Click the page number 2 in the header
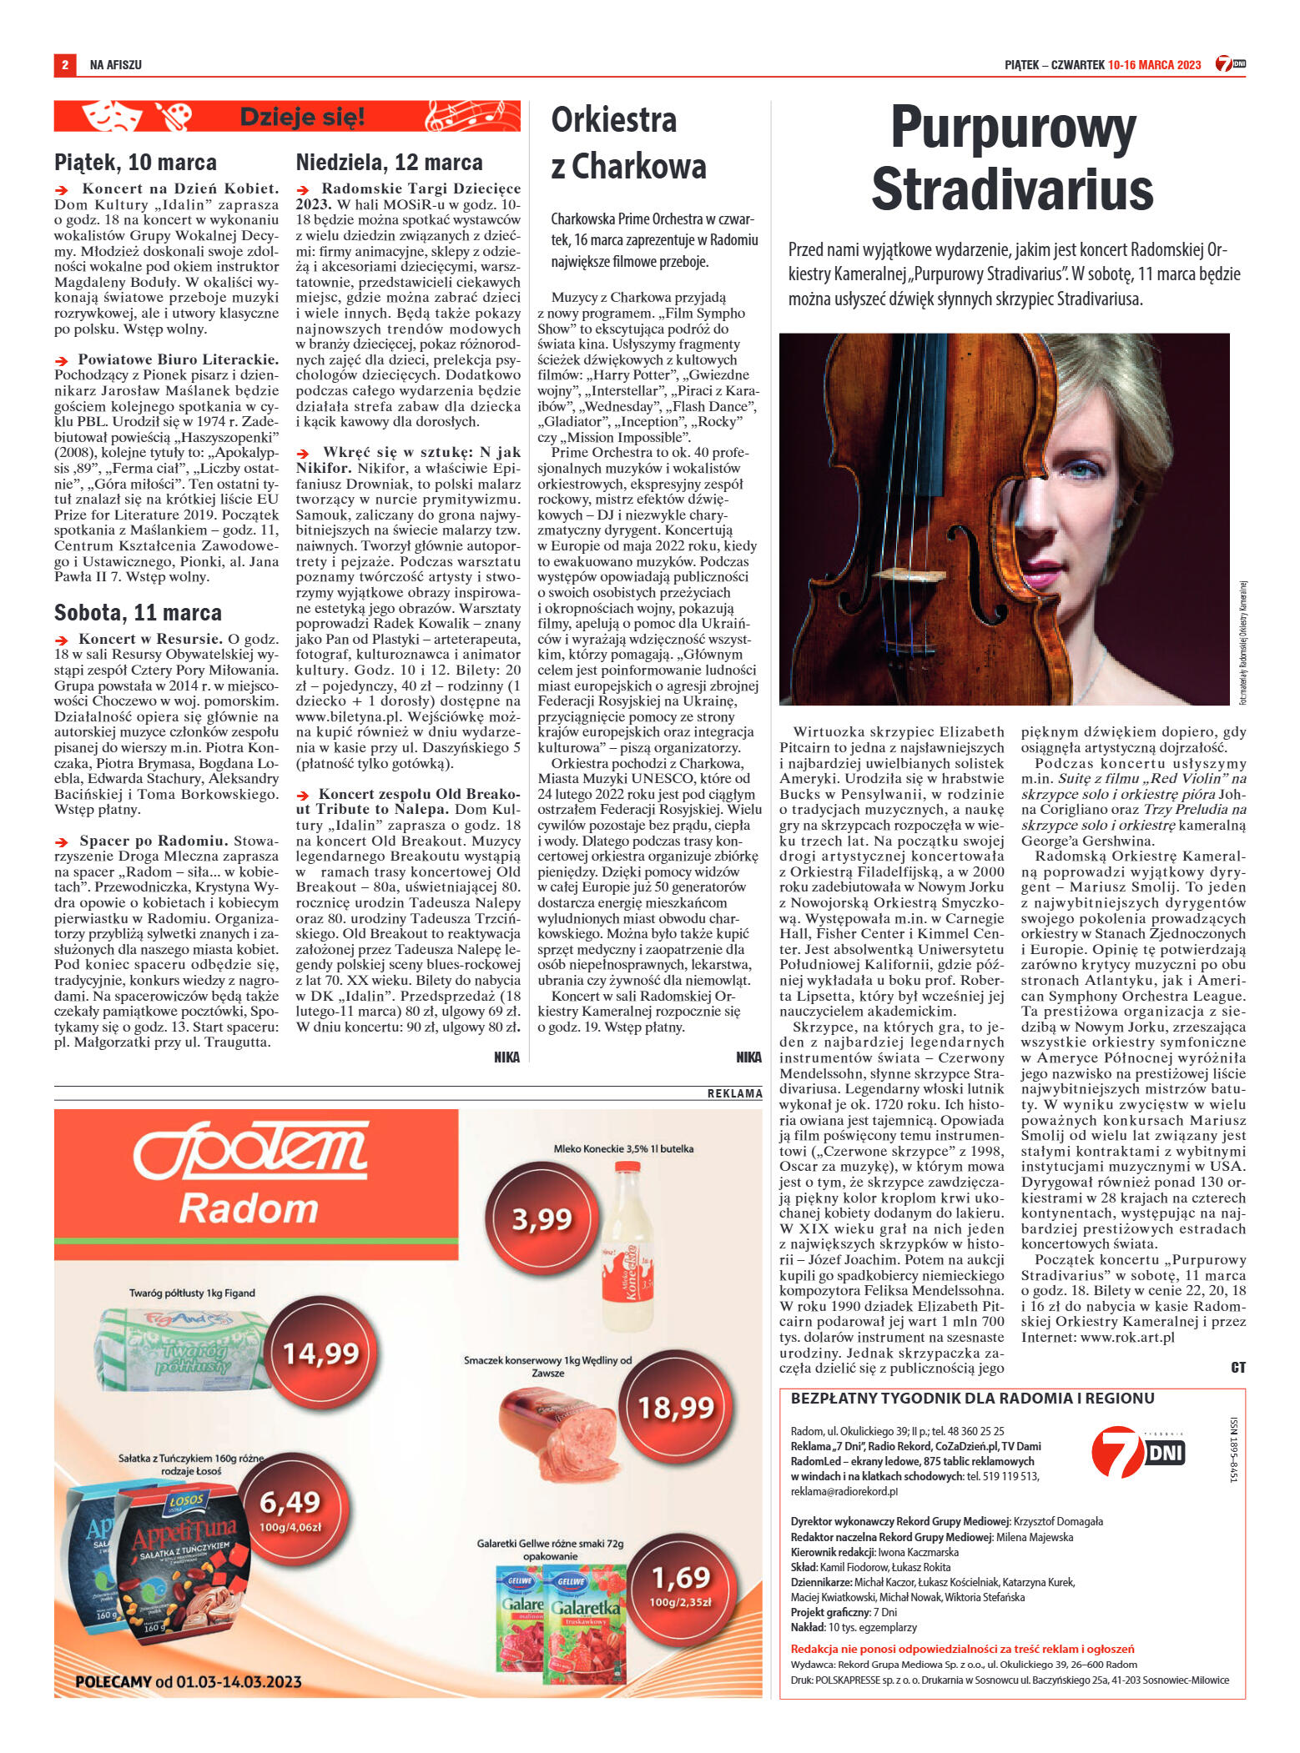(x=64, y=64)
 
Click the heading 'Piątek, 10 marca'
(x=135, y=162)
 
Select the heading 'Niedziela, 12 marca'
(x=389, y=162)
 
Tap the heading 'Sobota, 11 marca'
(x=138, y=613)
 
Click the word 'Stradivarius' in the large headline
(x=1011, y=190)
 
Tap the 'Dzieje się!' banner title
(x=302, y=117)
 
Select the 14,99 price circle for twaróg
(x=321, y=1353)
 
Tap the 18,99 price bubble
(x=676, y=1408)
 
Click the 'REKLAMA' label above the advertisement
(x=734, y=1093)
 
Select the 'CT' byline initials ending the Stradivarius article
(x=1237, y=1367)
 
